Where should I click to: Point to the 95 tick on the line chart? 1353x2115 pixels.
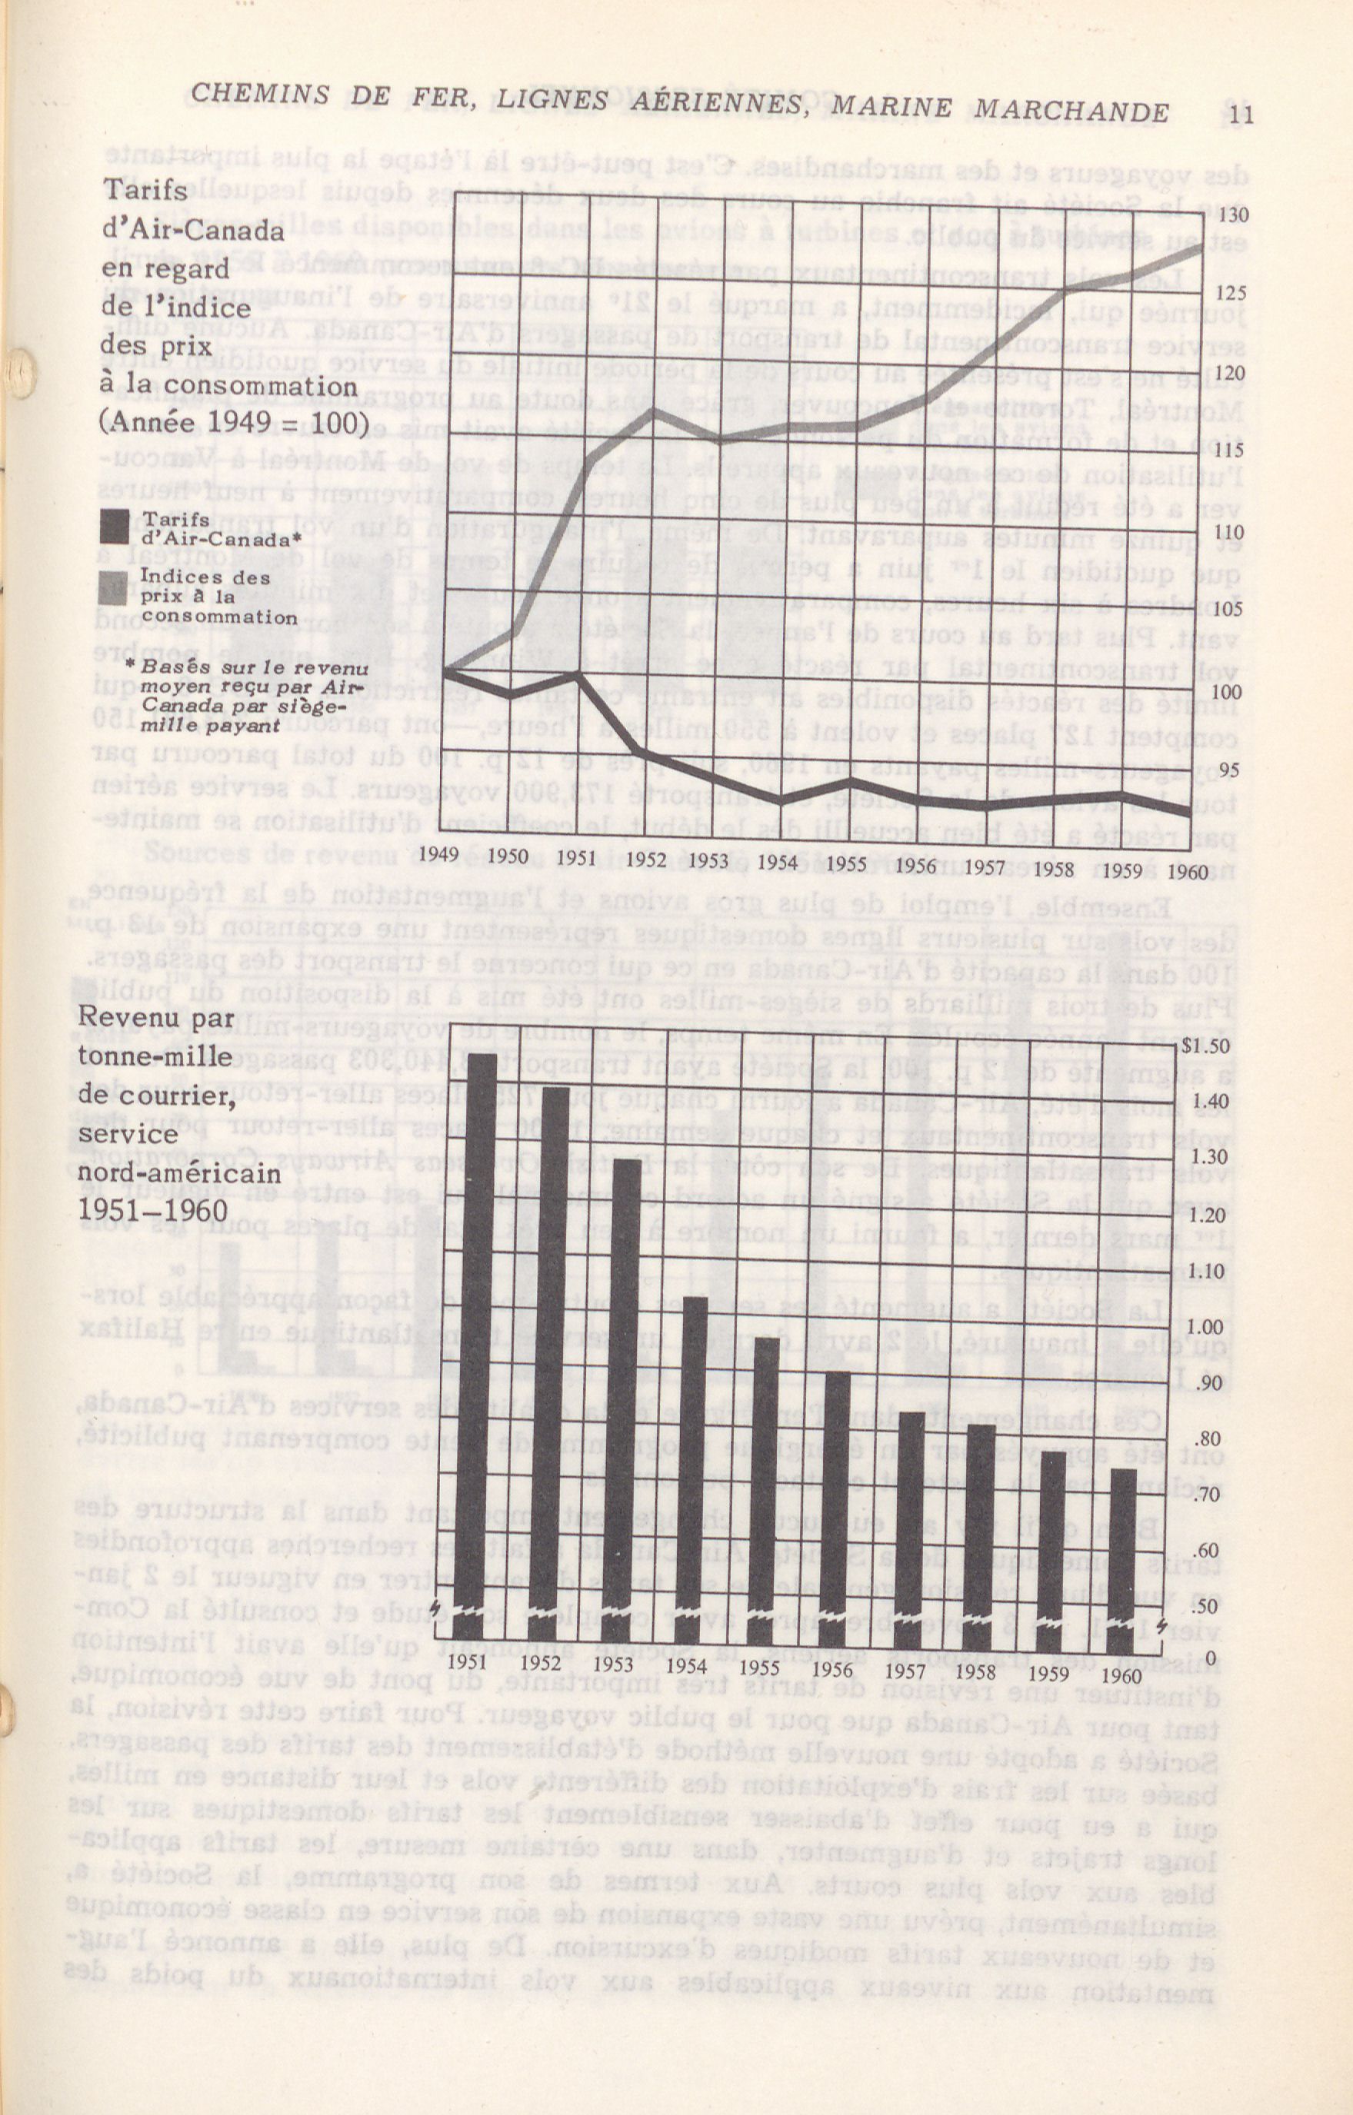1229,770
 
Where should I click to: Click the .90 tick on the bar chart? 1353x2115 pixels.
1209,1384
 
